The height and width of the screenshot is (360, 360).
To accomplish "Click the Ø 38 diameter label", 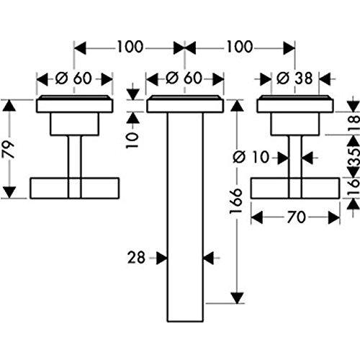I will point(296,78).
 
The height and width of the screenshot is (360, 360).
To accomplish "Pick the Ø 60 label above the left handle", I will point(75,78).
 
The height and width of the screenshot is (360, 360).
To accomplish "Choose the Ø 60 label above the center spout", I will point(185,78).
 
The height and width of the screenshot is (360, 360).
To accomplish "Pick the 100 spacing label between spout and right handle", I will point(240,48).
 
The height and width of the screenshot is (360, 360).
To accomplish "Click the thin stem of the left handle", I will point(75,155).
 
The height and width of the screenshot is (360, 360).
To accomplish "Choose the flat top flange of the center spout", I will point(186,104).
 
